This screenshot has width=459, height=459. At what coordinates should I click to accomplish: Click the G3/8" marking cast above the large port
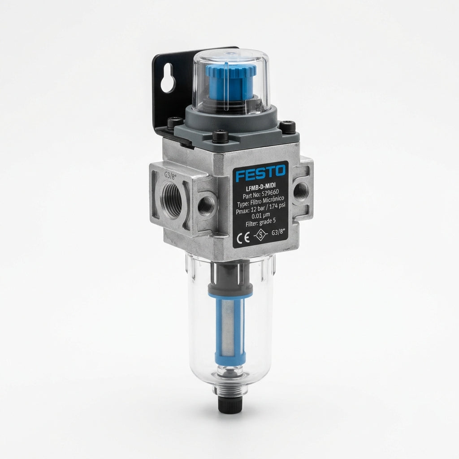[x=169, y=175]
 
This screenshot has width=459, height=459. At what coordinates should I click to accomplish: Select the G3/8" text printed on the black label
[x=278, y=233]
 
